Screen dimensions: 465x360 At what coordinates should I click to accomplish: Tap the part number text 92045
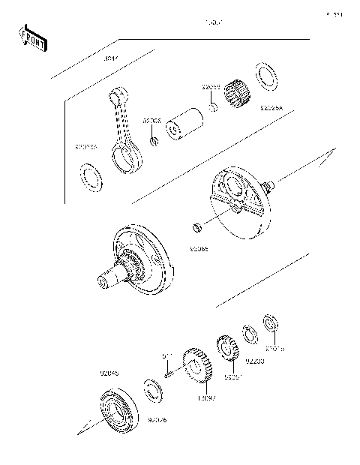(x=109, y=373)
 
